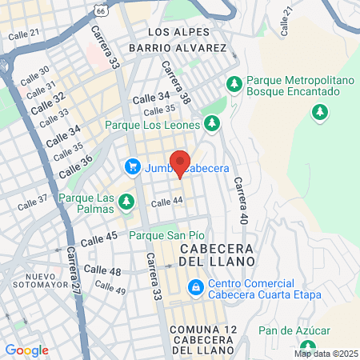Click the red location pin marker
[180, 162]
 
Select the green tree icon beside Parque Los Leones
[212, 124]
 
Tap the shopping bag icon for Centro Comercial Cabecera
[195, 287]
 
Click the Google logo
[26, 350]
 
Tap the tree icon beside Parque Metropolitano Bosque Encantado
[234, 82]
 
